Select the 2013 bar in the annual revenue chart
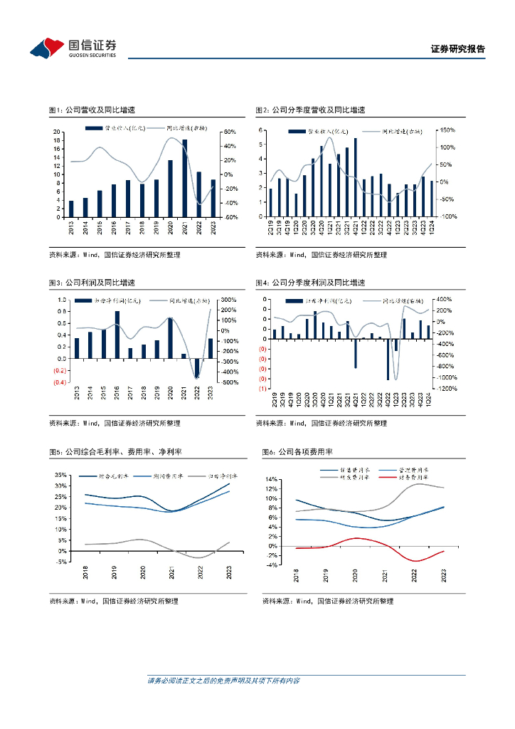point(71,209)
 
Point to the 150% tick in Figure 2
point(446,130)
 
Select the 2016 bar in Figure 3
point(117,335)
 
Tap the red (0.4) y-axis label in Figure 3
point(59,382)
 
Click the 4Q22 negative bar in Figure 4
point(388,360)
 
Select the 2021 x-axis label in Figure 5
point(171,573)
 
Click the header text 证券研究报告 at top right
point(458,49)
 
